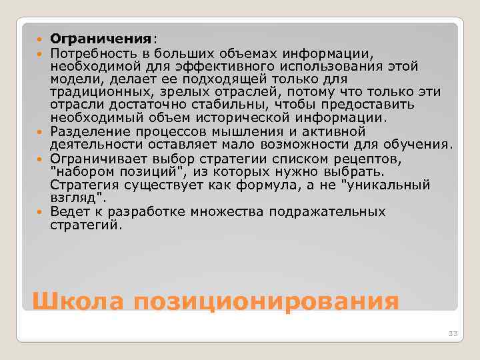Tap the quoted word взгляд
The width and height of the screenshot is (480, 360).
[x=77, y=198]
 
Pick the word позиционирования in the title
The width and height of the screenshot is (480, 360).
[x=265, y=301]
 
